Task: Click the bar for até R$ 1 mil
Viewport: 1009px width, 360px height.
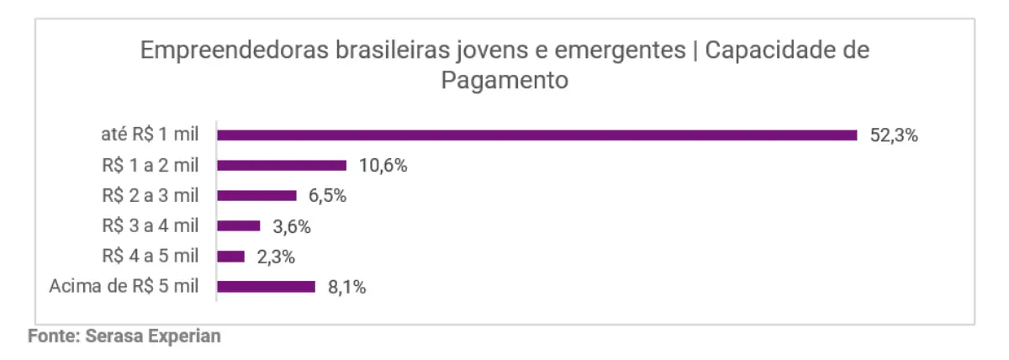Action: [x=536, y=135]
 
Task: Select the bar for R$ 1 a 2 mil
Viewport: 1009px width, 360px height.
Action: [x=282, y=165]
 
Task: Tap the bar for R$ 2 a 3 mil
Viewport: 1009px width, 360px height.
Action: [x=256, y=195]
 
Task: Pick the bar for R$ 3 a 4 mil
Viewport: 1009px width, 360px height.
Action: [x=238, y=225]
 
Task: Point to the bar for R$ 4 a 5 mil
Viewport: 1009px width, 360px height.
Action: [x=230, y=256]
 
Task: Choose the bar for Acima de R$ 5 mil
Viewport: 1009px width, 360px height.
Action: [x=266, y=286]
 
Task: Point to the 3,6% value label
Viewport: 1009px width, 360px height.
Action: [x=292, y=225]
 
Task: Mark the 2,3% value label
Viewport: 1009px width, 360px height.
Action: [x=275, y=256]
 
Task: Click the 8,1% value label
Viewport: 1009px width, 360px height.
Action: [x=346, y=286]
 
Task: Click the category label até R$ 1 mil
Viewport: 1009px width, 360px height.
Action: [x=147, y=135]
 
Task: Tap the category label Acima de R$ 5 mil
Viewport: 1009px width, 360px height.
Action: [x=124, y=286]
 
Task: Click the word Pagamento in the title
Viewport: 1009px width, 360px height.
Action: [x=504, y=82]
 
